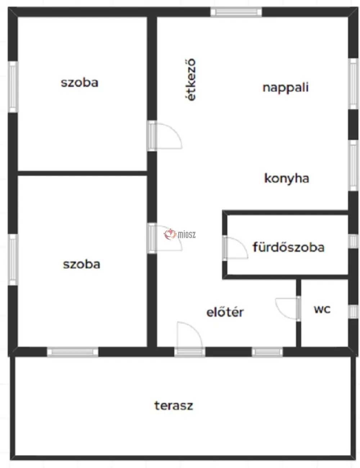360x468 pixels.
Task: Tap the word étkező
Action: tap(190, 79)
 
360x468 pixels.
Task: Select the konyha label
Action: tap(287, 179)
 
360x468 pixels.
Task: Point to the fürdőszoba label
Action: tap(288, 247)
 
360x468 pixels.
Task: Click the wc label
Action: tap(322, 309)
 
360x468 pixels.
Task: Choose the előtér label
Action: tap(225, 312)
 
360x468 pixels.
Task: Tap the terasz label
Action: tap(174, 405)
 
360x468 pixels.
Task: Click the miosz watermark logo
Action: tap(180, 234)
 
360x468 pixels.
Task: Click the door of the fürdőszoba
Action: tap(235, 248)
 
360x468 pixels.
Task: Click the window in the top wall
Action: tap(236, 12)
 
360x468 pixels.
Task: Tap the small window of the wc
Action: tap(353, 312)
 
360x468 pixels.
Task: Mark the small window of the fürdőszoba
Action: tap(353, 241)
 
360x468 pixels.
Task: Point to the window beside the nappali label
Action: tap(353, 84)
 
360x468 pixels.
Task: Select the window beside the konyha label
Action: tap(353, 165)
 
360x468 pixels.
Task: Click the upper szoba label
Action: tap(80, 83)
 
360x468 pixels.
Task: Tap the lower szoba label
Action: tap(81, 264)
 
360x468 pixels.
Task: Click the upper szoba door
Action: tap(165, 136)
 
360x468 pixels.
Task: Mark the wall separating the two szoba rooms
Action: tap(82, 173)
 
